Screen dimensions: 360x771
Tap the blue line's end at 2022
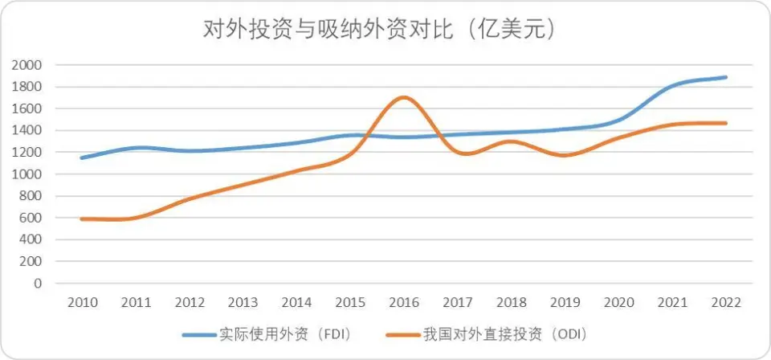tap(725, 77)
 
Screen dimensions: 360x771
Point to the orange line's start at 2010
tap(83, 219)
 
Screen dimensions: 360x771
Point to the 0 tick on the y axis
tap(38, 283)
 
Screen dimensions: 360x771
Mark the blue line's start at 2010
tap(83, 157)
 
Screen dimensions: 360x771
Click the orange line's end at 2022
tap(725, 123)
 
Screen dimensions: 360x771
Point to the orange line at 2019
tap(565, 155)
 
